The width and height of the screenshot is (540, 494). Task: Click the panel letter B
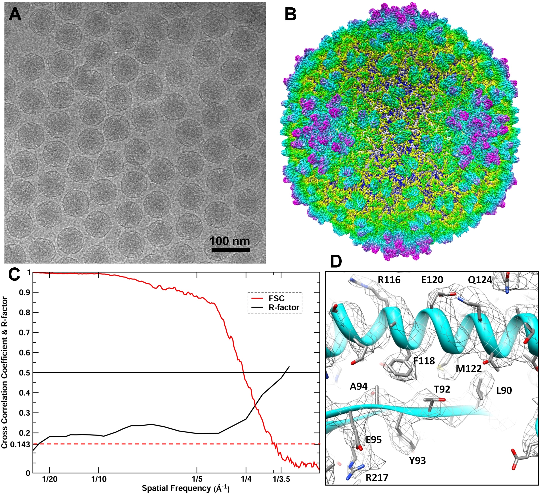[x=291, y=15]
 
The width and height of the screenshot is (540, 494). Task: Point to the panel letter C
[x=15, y=274]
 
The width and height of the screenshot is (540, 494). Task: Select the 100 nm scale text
[x=230, y=241]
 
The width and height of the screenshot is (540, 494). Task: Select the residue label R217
[x=377, y=477]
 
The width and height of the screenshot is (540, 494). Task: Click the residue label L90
[x=504, y=390]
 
